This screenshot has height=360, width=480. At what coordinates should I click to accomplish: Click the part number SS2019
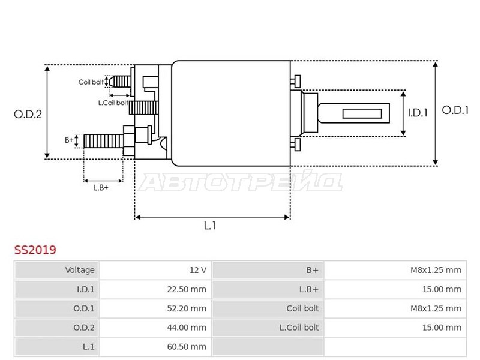35,250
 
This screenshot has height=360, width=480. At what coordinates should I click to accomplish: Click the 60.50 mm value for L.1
187,347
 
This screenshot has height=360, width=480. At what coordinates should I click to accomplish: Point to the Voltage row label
80,270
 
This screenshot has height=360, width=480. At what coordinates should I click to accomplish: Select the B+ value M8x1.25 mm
436,270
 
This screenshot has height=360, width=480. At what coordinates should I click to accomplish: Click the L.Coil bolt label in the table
299,328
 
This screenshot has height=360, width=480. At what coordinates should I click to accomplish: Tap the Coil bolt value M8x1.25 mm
436,308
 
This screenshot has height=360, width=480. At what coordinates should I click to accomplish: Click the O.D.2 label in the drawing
28,114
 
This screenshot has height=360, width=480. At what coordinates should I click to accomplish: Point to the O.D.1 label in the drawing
455,110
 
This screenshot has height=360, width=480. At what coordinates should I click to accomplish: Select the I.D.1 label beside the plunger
418,113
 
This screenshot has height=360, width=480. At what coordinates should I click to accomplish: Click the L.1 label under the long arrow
209,226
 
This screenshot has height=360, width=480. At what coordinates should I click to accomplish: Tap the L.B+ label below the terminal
101,187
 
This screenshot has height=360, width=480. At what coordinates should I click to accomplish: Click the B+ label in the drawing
69,140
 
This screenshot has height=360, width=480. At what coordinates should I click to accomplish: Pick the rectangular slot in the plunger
362,113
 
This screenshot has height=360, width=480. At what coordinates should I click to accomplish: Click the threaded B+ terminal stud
103,141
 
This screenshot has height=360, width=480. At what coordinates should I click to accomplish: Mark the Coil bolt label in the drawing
91,82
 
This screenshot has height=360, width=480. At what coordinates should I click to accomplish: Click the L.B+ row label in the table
309,289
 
